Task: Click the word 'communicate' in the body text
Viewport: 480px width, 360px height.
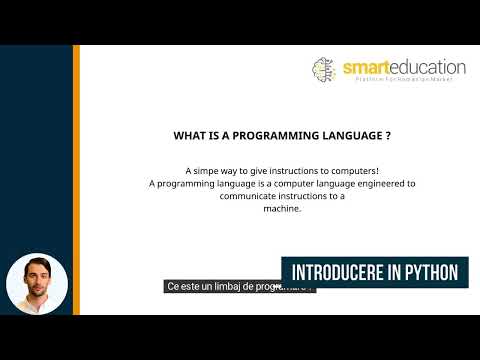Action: (251, 197)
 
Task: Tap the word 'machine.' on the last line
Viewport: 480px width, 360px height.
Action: (282, 209)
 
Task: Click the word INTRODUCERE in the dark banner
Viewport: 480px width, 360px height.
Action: (338, 272)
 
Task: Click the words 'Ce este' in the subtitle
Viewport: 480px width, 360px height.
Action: (183, 285)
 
